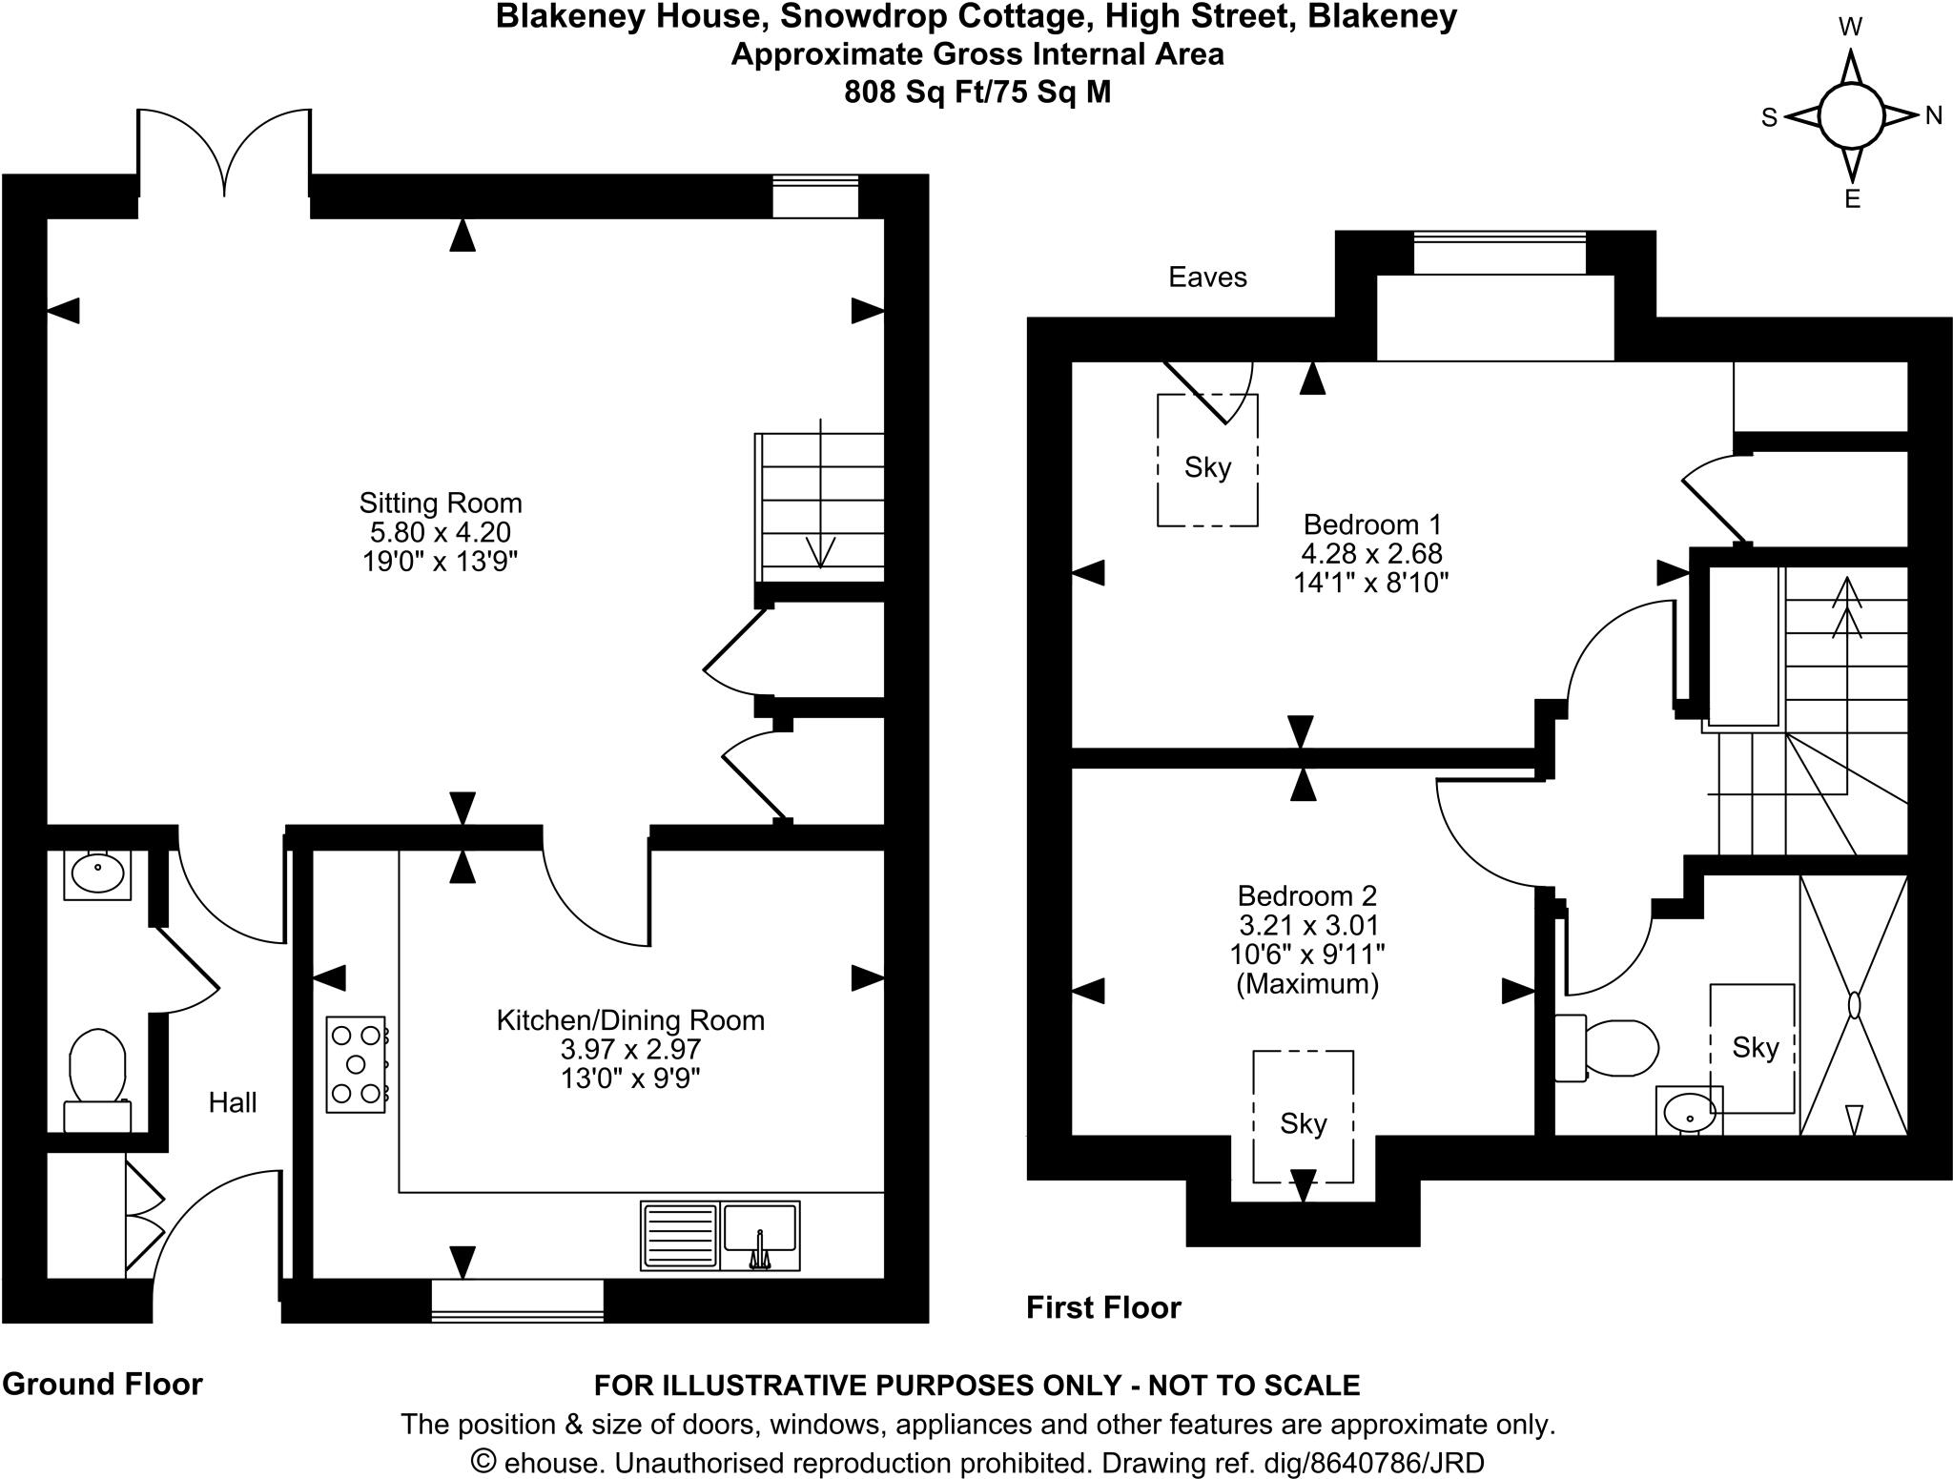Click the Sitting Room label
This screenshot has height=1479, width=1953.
[x=441, y=503]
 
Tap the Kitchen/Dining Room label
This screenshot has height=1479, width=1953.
[x=630, y=1020]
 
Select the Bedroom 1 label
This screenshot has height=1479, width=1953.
[x=1371, y=524]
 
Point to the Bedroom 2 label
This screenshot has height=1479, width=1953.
[x=1307, y=896]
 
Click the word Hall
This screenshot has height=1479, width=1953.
[x=233, y=1102]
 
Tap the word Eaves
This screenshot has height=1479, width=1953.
[x=1207, y=277]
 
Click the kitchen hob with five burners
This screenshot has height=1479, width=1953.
[x=357, y=1064]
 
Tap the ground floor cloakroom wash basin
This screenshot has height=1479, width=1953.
[x=97, y=874]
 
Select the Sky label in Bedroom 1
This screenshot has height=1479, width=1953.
[x=1207, y=467]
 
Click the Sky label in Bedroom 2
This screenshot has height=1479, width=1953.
[x=1303, y=1124]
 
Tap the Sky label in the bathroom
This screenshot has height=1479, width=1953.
[x=1756, y=1048]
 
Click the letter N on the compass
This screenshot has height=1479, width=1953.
[x=1933, y=116]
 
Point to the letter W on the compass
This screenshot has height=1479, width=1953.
[x=1850, y=28]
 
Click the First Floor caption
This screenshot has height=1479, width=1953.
[x=1103, y=1307]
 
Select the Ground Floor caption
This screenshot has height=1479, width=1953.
[x=103, y=1384]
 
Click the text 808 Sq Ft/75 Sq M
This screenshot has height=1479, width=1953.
[x=977, y=92]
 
